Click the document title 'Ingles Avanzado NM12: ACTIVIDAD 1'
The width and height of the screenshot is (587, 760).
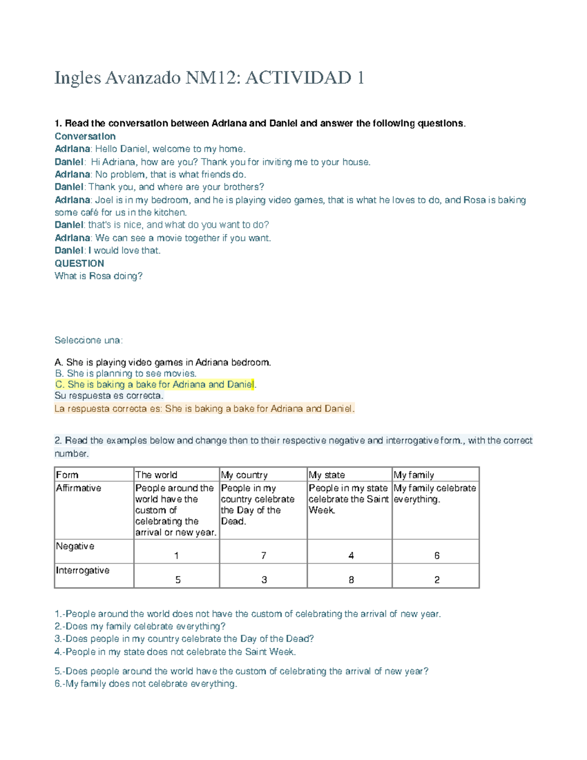click(209, 78)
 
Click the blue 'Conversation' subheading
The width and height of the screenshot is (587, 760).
click(85, 136)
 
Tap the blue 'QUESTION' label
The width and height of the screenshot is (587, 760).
click(79, 263)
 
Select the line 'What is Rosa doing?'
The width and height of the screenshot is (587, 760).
click(98, 276)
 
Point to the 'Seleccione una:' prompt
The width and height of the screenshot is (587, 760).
click(89, 340)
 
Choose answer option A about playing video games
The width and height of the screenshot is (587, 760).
click(162, 363)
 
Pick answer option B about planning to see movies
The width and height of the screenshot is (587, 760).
click(126, 373)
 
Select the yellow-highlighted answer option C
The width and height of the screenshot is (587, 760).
click(155, 385)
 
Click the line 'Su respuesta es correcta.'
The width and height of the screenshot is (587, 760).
click(109, 395)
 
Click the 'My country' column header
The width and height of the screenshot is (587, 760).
click(244, 475)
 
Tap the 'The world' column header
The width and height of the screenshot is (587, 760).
click(156, 475)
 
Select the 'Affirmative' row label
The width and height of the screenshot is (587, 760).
click(79, 488)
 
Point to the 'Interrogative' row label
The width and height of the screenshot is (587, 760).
click(83, 570)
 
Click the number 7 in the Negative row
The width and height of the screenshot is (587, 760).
click(264, 555)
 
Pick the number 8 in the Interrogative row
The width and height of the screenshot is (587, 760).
click(351, 580)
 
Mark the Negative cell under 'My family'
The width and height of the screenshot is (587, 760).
click(436, 555)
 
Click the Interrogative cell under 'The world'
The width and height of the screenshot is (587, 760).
click(178, 580)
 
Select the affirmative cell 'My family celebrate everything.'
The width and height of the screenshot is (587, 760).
click(435, 493)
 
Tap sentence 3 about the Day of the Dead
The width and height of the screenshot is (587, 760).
click(184, 639)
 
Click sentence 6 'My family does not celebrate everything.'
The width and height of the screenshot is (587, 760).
click(146, 684)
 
